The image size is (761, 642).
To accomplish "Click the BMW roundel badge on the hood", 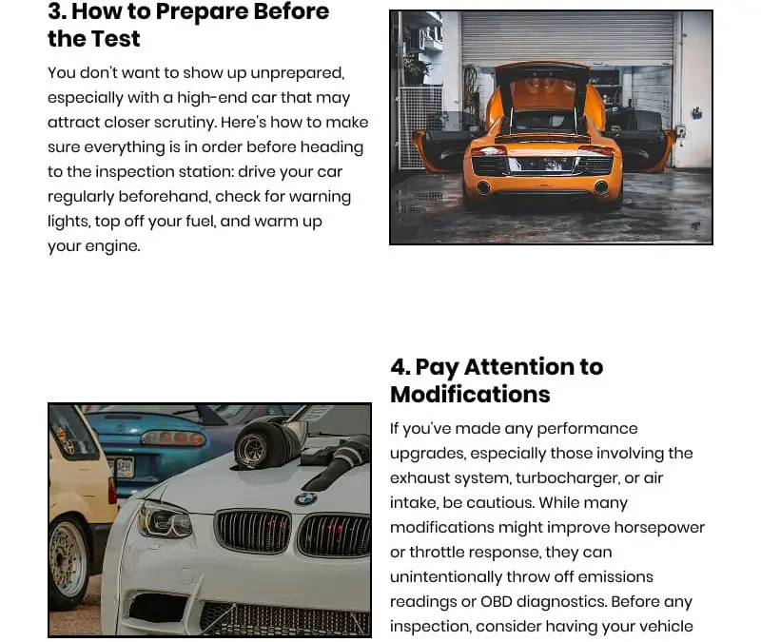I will (x=305, y=498).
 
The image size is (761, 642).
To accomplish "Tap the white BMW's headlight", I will (x=164, y=521).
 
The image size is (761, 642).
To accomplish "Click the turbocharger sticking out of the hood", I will (x=258, y=443).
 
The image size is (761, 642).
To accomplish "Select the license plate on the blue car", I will (x=120, y=467).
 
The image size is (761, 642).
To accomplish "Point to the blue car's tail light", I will (x=172, y=438).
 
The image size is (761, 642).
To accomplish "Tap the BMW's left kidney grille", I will (x=252, y=532).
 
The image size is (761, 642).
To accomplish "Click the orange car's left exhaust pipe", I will (x=483, y=188).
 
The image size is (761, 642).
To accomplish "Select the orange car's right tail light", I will (x=596, y=151).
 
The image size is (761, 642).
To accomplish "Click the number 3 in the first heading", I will (x=55, y=11).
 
